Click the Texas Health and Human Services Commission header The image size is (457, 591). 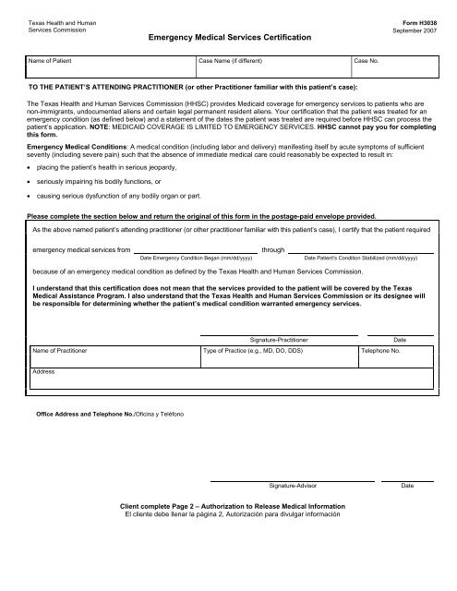tap(52, 25)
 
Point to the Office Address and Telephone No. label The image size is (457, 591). tap(109, 413)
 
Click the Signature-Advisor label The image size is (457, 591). tap(293, 486)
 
